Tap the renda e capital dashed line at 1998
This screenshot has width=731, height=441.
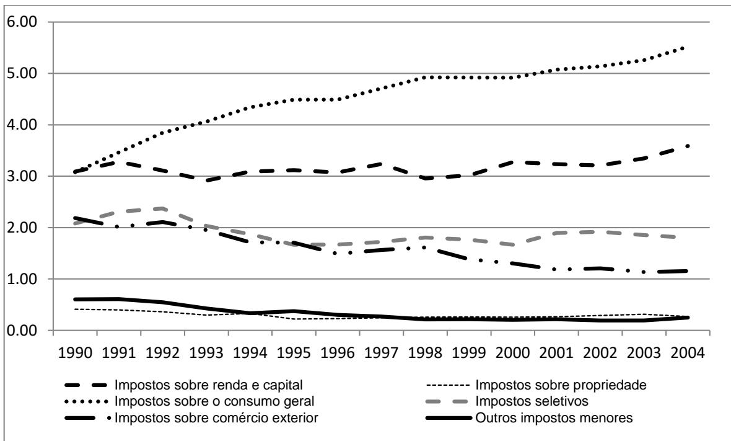click(426, 178)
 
